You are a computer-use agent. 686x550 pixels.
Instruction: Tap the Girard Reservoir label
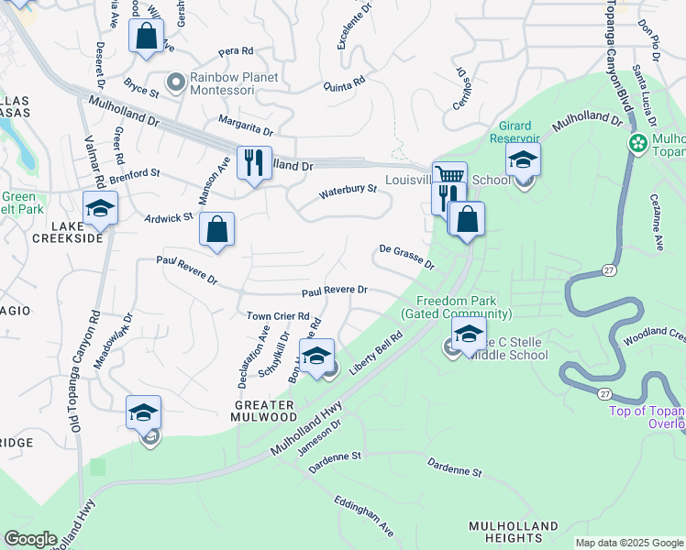tap(521, 131)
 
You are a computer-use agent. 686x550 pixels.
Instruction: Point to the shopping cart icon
tap(449, 175)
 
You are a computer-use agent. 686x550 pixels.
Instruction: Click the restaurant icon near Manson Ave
tap(254, 162)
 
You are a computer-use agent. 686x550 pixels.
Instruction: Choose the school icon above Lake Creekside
tap(100, 207)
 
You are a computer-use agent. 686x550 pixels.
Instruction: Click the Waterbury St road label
tap(348, 192)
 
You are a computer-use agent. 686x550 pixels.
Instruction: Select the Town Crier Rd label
tap(277, 316)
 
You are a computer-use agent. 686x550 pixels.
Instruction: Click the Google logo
tap(30, 539)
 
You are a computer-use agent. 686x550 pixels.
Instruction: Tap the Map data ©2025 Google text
tap(629, 543)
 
